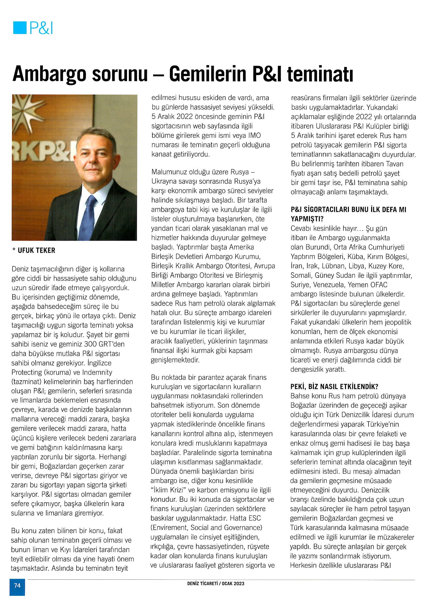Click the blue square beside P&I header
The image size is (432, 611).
pos(20,28)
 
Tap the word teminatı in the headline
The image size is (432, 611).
pos(320,74)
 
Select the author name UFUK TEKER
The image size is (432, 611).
pos(36,250)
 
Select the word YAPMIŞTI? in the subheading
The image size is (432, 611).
pos(307,219)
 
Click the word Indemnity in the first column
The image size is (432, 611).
pos(97,372)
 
